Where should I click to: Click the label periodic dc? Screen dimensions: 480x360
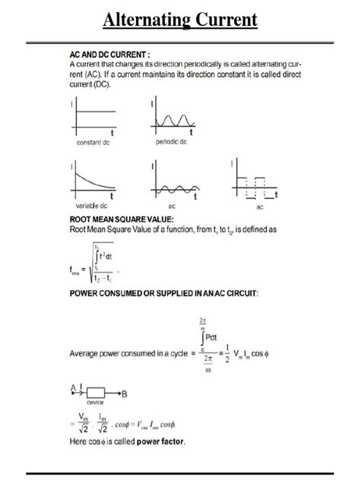pyautogui.click(x=172, y=143)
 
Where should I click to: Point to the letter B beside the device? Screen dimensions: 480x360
pyautogui.click(x=125, y=393)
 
